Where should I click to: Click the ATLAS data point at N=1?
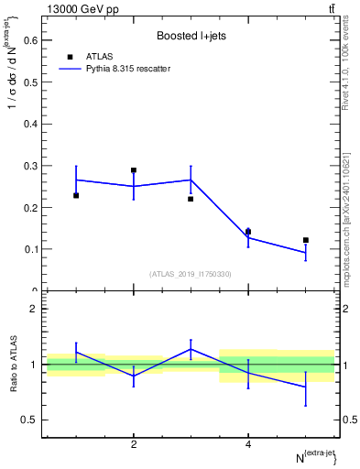pos(76,195)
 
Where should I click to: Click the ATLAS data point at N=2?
pos(134,170)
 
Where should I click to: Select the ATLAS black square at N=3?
pos(191,199)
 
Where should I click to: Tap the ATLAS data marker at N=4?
pos(248,232)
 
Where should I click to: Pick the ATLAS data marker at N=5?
pos(306,240)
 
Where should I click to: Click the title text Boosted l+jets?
pos(190,36)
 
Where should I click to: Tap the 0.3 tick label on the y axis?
pos(31,166)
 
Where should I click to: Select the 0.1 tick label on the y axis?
pos(31,249)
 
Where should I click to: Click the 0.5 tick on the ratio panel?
pos(31,420)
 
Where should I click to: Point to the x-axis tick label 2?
pos(134,444)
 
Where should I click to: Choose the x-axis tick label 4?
pos(248,444)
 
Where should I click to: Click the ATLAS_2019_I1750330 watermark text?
pos(190,273)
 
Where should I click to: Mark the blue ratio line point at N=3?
pos(191,348)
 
